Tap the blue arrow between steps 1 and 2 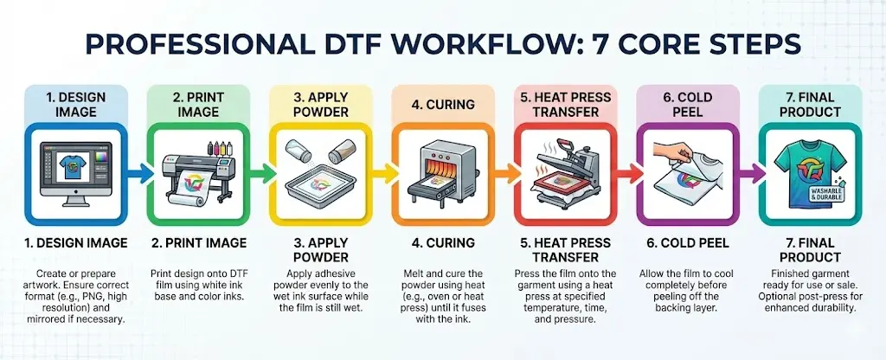click(x=141, y=173)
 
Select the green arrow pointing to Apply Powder click(x=263, y=173)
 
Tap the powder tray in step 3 click(x=318, y=187)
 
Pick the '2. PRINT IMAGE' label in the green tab click(x=198, y=104)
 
